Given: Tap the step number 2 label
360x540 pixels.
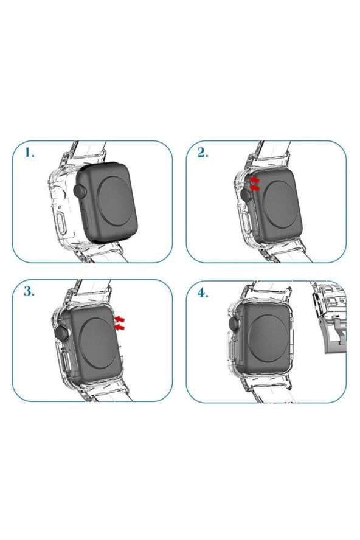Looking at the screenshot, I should (202, 153).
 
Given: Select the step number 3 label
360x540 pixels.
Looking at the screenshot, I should (29, 291).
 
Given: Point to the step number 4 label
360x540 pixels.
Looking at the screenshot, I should (202, 292).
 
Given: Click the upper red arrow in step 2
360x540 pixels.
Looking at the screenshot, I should (254, 181).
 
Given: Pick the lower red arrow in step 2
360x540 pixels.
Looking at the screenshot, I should (254, 189).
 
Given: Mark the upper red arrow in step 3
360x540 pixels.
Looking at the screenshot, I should (120, 319).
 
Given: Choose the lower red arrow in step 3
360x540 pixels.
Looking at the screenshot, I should (120, 327).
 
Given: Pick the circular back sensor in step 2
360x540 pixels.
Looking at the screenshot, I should (284, 204).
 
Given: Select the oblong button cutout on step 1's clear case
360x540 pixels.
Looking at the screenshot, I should (60, 224).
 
